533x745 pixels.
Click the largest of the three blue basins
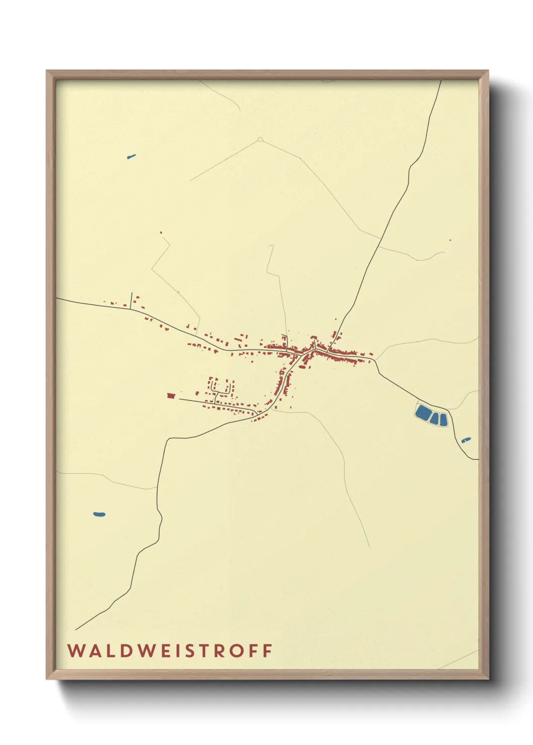click(422, 413)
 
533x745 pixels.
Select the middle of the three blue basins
click(435, 418)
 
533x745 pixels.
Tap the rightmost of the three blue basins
click(443, 420)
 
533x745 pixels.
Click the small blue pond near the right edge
click(466, 440)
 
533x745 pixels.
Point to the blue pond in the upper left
click(131, 157)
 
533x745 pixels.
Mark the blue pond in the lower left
click(99, 514)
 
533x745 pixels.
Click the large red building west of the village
click(171, 396)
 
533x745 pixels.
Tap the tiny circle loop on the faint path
click(260, 139)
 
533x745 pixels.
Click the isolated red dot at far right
click(450, 240)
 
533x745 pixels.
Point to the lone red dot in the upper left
click(161, 233)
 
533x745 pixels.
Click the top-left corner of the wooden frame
click(47, 71)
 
